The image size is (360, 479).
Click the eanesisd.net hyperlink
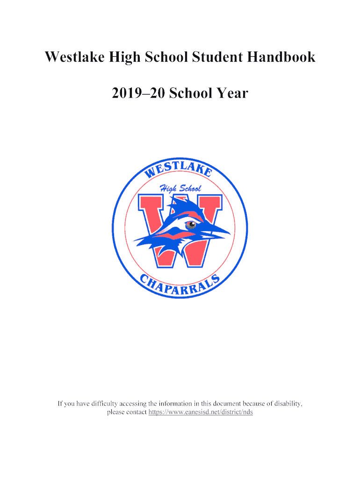[201, 412]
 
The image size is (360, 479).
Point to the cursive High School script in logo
[180, 189]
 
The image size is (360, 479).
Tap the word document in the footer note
[223, 403]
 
